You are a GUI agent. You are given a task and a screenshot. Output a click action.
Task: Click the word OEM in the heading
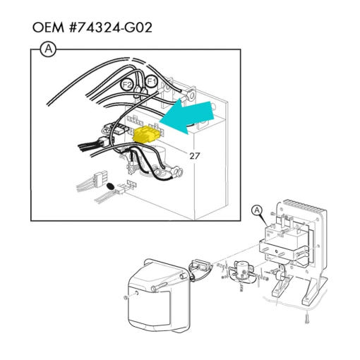[x=48, y=28]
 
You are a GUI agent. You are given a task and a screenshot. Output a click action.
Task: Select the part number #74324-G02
[x=111, y=28]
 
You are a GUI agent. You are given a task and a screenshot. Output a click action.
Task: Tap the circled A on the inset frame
[x=48, y=49]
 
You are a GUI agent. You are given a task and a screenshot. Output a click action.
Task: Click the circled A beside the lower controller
[x=257, y=210]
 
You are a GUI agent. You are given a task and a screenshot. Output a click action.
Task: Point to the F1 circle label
[x=151, y=81]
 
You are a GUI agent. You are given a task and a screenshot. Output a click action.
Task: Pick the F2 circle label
[x=127, y=85]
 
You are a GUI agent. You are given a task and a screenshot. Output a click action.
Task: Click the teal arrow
[x=187, y=116]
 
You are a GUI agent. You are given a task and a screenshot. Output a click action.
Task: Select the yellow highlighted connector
[x=146, y=134]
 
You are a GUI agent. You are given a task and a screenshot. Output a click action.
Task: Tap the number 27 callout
[x=195, y=156]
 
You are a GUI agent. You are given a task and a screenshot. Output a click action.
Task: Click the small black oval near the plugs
[x=110, y=186]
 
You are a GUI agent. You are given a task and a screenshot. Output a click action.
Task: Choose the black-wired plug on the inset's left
[x=93, y=144]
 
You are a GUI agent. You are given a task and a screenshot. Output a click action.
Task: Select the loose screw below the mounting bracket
[x=306, y=318]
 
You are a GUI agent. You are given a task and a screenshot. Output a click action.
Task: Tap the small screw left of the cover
[x=126, y=298]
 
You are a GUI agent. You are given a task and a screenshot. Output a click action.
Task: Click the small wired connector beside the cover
[x=200, y=265]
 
